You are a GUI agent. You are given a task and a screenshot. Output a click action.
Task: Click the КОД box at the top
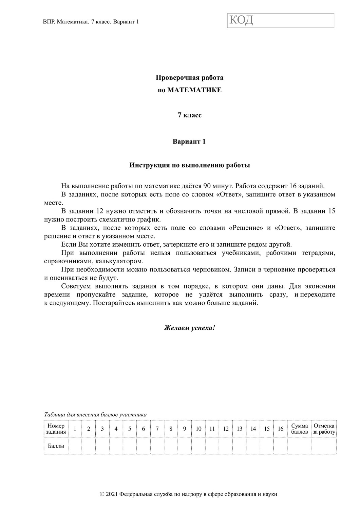point(280,20)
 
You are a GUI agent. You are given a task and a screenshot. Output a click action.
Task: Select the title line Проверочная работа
point(189,78)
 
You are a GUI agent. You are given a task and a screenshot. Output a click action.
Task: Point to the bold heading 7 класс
point(189,115)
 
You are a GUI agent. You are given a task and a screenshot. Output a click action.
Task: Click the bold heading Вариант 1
point(189,142)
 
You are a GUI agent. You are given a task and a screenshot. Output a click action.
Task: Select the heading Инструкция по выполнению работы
point(189,166)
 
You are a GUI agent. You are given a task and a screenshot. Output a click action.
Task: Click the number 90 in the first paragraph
point(207,186)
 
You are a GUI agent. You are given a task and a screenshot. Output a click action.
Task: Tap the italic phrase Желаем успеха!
point(189,328)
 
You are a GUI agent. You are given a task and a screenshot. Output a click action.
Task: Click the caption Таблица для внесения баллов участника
point(95,414)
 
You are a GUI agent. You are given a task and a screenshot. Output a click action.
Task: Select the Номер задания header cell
point(56,429)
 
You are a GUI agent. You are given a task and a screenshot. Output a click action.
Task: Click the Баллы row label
point(56,446)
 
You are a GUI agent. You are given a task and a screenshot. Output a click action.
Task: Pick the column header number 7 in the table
point(157,429)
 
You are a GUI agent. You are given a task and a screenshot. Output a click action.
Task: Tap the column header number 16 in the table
point(281,429)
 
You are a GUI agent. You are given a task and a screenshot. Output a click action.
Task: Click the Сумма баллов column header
point(300,429)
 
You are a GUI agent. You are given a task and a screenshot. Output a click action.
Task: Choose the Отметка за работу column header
point(324,429)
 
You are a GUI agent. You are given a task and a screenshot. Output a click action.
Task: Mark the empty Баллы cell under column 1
point(75,446)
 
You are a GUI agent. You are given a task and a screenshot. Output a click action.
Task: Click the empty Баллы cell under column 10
point(198,446)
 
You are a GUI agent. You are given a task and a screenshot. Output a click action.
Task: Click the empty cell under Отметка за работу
point(324,446)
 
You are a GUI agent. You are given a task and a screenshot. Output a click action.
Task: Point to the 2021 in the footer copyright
point(112,494)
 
